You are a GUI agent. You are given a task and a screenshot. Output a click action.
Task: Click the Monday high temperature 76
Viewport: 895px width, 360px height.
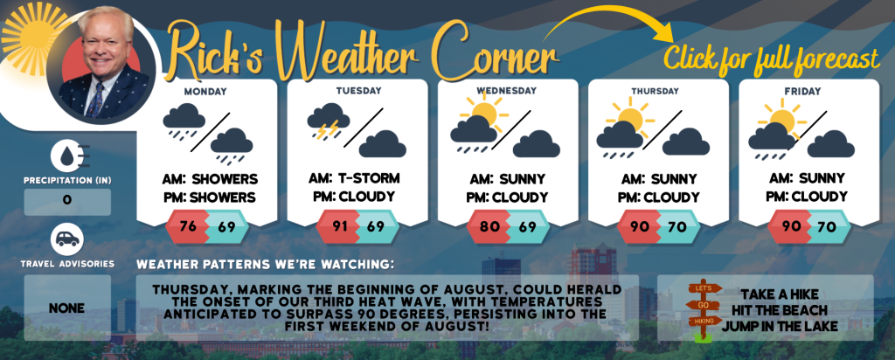pos(188,226)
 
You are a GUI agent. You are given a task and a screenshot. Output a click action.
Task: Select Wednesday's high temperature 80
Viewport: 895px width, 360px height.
pos(489,226)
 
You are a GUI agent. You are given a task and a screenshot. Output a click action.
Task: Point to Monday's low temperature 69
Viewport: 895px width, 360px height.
pos(226,226)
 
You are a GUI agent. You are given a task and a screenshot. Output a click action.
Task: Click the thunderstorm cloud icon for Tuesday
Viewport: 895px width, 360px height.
pos(329,121)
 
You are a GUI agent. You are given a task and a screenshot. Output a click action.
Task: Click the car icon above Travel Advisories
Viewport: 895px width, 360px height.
pos(67,239)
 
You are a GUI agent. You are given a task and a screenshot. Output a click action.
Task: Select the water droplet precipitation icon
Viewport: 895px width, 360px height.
pos(67,156)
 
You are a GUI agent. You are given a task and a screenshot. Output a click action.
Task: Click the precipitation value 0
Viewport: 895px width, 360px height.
pos(67,201)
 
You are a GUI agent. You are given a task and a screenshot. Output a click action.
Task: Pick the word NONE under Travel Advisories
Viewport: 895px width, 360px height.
pos(66,308)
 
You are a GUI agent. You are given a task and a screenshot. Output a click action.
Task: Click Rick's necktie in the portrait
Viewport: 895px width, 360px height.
pos(95,100)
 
